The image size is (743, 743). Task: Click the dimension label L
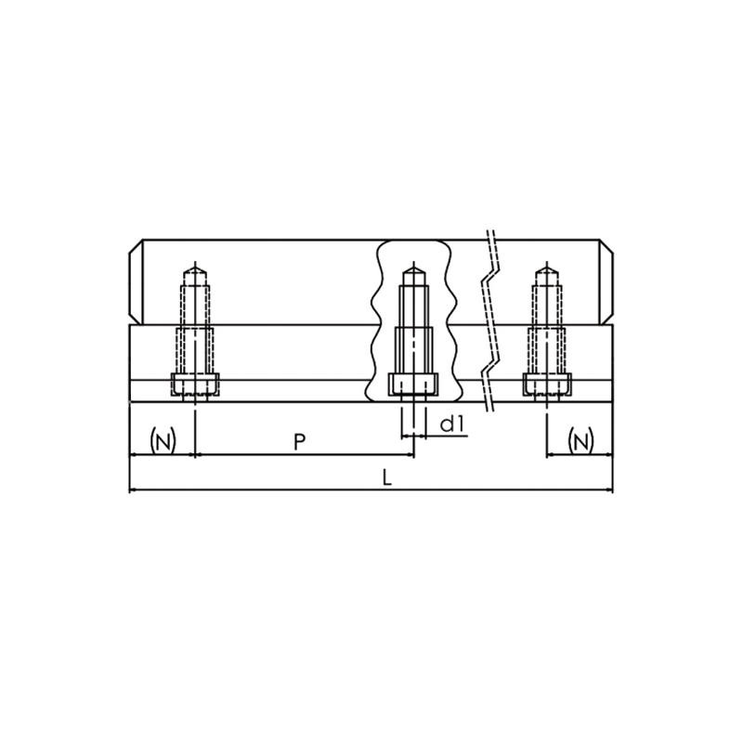[387, 477]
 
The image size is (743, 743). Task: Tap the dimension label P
[299, 442]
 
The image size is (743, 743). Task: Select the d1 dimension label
[451, 424]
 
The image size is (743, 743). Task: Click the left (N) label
[163, 441]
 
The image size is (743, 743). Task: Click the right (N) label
[580, 441]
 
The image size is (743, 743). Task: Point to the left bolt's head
[195, 385]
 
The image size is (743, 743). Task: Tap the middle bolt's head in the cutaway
[413, 385]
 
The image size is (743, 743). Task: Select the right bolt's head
[547, 385]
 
